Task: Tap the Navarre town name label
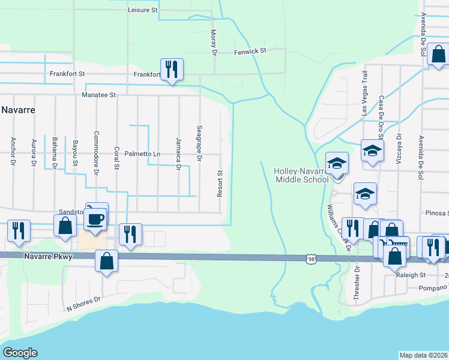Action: coord(18,110)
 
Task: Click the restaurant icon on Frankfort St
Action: coord(172,70)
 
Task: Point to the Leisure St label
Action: coord(143,10)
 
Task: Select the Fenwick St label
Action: coord(250,52)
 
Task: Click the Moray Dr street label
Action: coord(213,42)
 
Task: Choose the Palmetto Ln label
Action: coord(142,154)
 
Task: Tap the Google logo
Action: coord(20,352)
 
